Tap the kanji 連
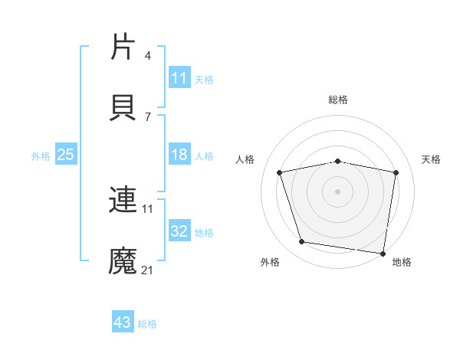click(123, 200)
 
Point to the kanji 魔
click(123, 261)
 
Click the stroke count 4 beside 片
click(148, 56)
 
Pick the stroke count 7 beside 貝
click(148, 116)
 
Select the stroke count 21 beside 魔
click(148, 270)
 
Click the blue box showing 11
click(179, 78)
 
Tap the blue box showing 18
click(179, 155)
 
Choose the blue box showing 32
click(179, 231)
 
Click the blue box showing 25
click(66, 155)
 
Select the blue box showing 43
click(123, 322)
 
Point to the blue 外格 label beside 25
click(41, 155)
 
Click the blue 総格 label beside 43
click(147, 323)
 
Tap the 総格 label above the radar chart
click(338, 100)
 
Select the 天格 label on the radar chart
click(431, 159)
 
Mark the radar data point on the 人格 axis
click(280, 172)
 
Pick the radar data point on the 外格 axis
click(302, 242)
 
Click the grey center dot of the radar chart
click(338, 191)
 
